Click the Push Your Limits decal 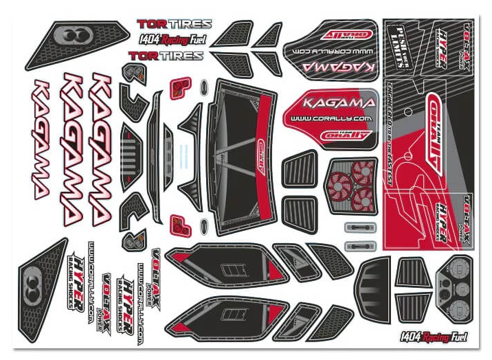click(x=401, y=41)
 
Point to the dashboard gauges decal click(x=451, y=286)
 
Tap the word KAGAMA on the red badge click(x=331, y=104)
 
